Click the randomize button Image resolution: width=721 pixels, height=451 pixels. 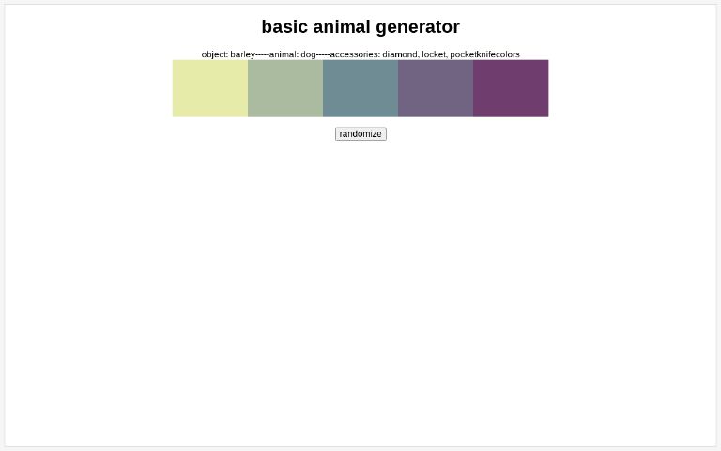pos(360,134)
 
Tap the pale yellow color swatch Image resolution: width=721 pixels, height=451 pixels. pos(210,88)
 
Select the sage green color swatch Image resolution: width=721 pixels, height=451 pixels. pos(285,88)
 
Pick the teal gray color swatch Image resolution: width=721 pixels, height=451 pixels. pos(360,88)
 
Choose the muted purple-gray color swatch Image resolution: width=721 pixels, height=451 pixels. pos(436,88)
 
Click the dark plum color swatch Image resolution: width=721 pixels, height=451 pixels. pos(511,88)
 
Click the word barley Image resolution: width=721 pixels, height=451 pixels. pos(242,54)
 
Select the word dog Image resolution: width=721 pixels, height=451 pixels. pos(308,54)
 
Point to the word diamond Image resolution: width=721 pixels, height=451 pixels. pos(399,54)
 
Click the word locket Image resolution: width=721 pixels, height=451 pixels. pos(433,54)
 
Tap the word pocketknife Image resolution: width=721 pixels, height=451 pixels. pos(473,54)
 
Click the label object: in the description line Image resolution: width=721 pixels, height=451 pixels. pos(214,54)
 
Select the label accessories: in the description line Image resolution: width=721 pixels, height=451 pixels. pos(354,54)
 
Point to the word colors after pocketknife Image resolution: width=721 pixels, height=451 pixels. pos(508,54)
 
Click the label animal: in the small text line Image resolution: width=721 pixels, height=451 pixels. pos(283,54)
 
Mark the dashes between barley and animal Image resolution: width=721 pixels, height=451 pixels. pos(262,54)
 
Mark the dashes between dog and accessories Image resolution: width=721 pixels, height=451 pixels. pos(323,54)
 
